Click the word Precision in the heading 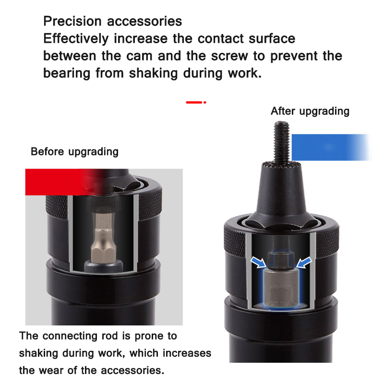click(72, 21)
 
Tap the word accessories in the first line click(144, 21)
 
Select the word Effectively click(76, 39)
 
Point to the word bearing click(67, 73)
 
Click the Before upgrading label click(75, 152)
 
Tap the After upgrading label click(310, 111)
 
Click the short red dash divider click(196, 102)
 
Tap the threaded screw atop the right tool click(282, 142)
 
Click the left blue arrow click(259, 262)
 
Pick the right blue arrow click(304, 262)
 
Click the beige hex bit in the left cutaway click(103, 236)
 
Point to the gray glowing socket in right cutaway click(281, 287)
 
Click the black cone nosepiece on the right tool click(281, 193)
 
